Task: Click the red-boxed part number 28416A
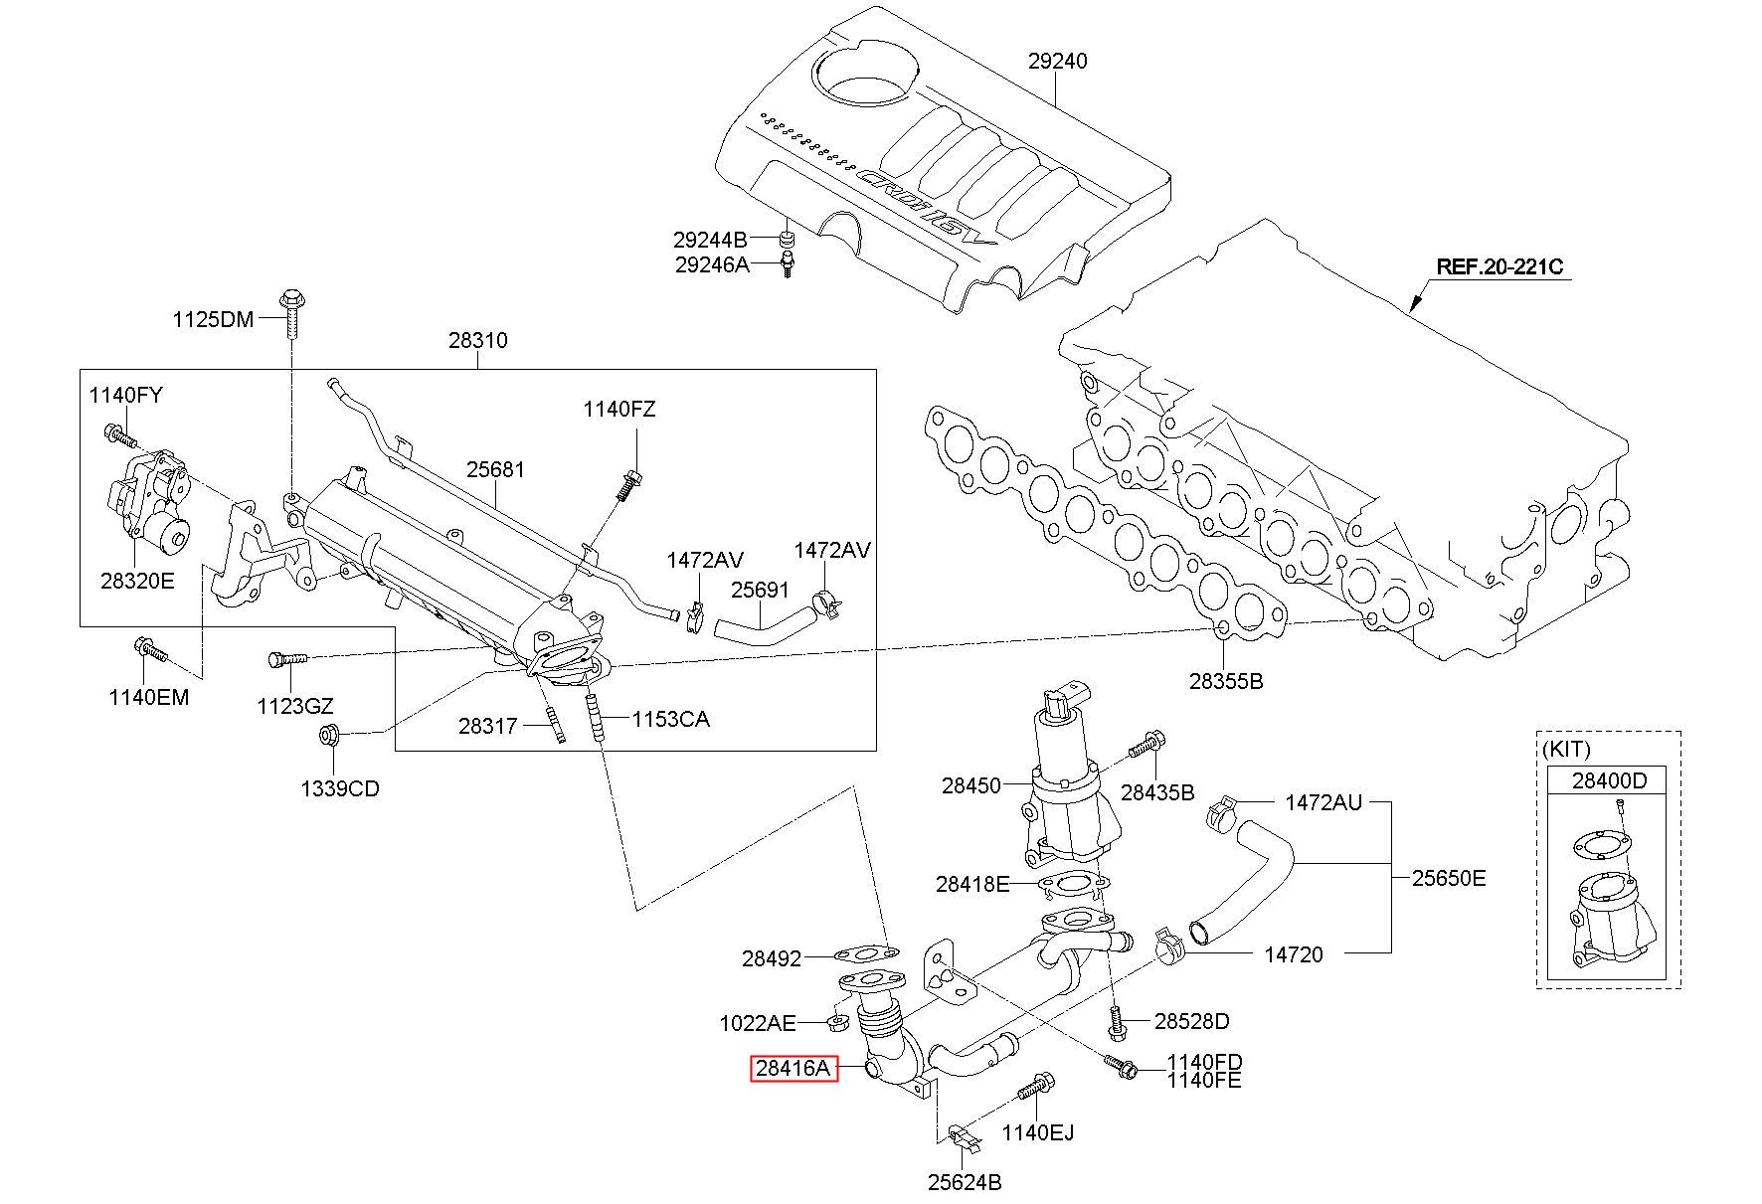pos(793,1069)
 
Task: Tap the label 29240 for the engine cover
pos(1057,61)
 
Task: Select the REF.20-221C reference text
pos(1499,266)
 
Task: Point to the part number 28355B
pos(1226,681)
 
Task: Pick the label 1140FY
pos(125,395)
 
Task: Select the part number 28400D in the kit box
pos(1609,780)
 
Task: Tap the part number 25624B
pos(965,1182)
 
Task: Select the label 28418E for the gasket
pos(972,883)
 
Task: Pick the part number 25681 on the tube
pos(496,468)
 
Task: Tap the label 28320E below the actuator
pos(137,581)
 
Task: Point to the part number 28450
pos(971,785)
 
